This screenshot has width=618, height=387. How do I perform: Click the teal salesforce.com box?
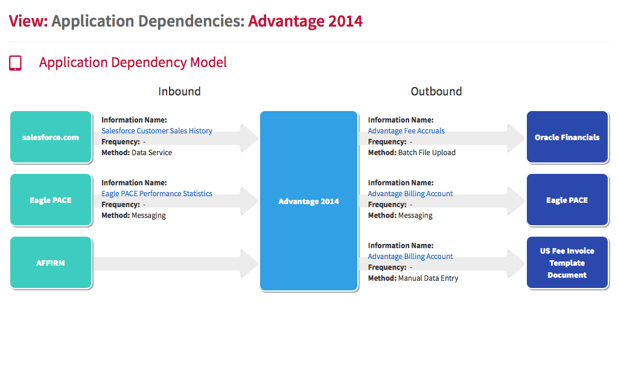click(x=51, y=137)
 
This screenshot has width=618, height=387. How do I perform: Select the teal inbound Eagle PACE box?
click(x=51, y=200)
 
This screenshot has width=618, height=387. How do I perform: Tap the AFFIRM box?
click(x=51, y=263)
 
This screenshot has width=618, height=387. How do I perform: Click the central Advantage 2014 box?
click(x=308, y=201)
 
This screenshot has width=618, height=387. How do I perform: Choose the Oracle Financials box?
click(x=567, y=137)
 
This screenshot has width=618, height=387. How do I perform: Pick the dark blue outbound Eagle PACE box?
click(x=567, y=200)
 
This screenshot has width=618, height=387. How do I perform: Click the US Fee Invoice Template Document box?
click(x=567, y=263)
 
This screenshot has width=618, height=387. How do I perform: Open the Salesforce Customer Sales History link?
click(x=157, y=131)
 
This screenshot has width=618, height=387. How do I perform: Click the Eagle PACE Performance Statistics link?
click(x=157, y=193)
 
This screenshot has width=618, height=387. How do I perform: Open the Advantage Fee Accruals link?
click(x=406, y=131)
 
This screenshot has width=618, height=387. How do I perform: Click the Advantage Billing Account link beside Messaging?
click(x=410, y=193)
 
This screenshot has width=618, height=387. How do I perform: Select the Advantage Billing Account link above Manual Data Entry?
click(x=410, y=256)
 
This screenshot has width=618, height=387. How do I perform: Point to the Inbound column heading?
click(x=179, y=91)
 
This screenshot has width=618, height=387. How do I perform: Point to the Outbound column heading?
click(x=436, y=91)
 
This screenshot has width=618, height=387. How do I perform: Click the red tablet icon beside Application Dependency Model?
click(x=15, y=63)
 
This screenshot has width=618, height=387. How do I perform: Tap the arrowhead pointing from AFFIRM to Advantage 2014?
click(x=249, y=263)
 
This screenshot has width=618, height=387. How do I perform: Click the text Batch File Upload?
click(x=427, y=153)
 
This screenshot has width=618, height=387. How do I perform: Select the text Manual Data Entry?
click(x=428, y=278)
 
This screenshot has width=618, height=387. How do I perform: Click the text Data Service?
click(x=151, y=153)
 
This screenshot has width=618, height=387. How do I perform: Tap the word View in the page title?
click(x=28, y=21)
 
